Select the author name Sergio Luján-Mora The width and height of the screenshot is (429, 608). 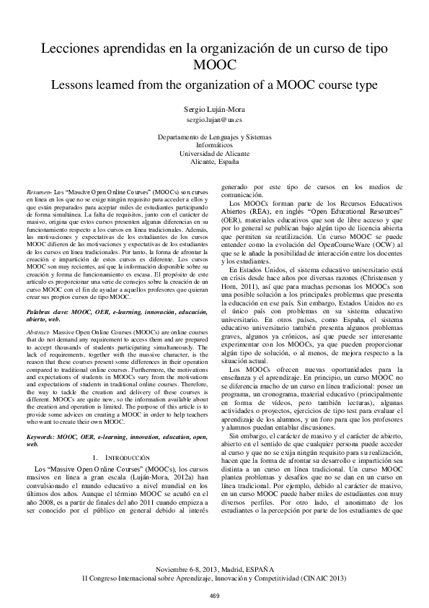click(214, 106)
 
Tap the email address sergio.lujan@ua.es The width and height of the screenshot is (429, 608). click(214, 117)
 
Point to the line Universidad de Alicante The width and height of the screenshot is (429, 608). click(214, 154)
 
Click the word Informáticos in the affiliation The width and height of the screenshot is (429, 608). click(214, 144)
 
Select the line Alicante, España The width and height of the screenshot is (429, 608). click(214, 162)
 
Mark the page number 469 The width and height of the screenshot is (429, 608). click(214, 594)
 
